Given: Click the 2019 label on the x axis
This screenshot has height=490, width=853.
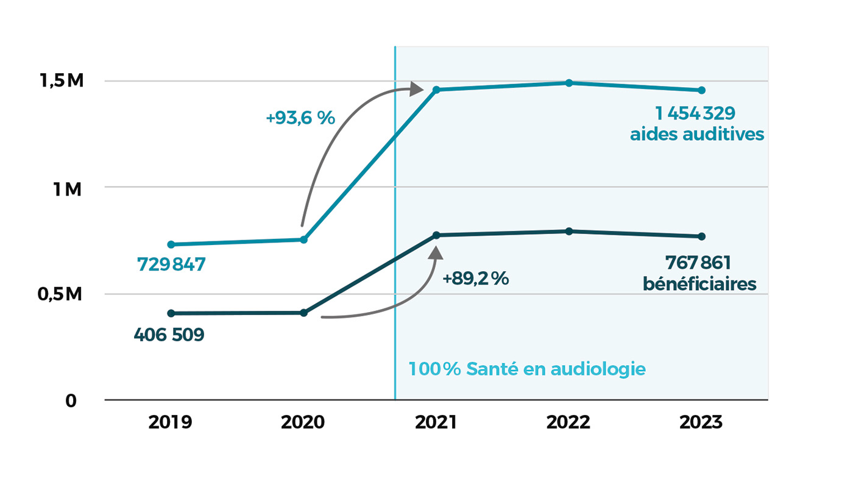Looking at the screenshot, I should (x=170, y=422).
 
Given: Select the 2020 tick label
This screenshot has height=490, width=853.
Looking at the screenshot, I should (x=303, y=422).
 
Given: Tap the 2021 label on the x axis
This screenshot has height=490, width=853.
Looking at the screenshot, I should (x=436, y=422).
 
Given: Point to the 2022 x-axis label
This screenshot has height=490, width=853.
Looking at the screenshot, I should (x=568, y=422).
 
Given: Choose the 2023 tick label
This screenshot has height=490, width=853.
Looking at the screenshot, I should (x=701, y=422).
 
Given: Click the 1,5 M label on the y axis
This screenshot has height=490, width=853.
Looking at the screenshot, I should (x=62, y=81).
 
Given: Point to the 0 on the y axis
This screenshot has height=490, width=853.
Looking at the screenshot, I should (x=71, y=401).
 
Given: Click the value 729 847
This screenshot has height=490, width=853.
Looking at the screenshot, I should (x=171, y=265).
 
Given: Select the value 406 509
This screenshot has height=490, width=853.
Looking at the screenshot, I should (x=169, y=335).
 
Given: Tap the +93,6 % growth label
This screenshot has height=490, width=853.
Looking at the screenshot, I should (x=300, y=118).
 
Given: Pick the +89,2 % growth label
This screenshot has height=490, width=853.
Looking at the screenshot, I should (x=475, y=279).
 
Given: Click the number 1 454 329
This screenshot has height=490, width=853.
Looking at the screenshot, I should (x=695, y=113).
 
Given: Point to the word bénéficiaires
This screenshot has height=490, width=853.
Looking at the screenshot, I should (x=699, y=284).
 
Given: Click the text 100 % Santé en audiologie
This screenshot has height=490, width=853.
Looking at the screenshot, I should (x=526, y=369).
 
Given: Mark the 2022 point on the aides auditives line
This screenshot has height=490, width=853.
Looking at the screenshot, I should (x=568, y=83).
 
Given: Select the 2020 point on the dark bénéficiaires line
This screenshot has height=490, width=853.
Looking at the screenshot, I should (x=304, y=313).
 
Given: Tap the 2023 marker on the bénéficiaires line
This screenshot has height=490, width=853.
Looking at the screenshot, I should (x=701, y=236).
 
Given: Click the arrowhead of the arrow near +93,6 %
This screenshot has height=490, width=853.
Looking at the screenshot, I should (x=417, y=89).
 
